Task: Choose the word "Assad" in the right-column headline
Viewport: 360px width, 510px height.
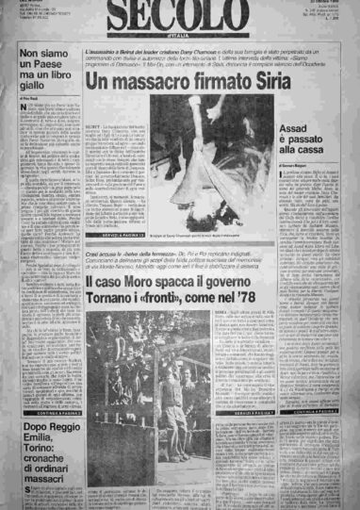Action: (314, 119)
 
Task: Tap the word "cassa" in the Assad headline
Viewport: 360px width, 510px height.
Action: (330, 149)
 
